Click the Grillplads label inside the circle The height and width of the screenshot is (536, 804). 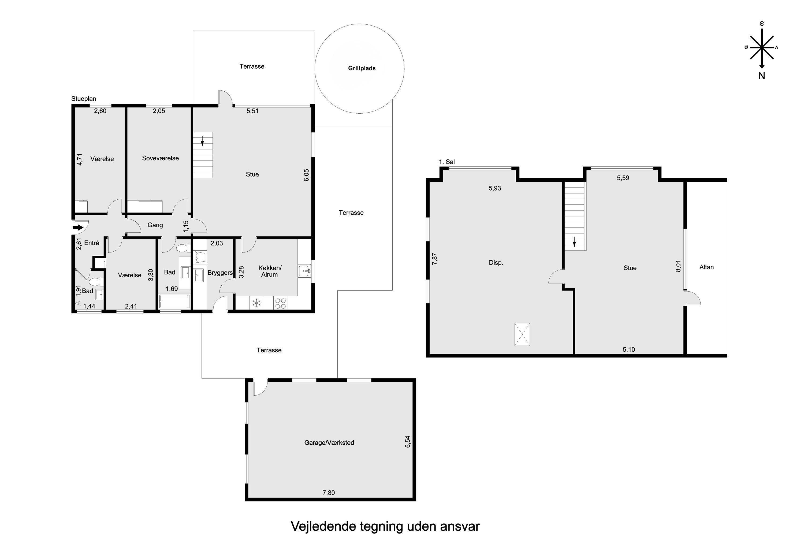tap(362, 68)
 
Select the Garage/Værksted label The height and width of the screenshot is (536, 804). tap(329, 443)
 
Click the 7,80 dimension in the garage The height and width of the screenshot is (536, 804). tap(329, 493)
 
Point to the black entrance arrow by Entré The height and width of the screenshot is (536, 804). tap(78, 227)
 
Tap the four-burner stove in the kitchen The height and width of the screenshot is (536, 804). tap(280, 303)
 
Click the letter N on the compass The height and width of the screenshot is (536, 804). tap(762, 76)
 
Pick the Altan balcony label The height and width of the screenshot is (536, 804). tap(706, 267)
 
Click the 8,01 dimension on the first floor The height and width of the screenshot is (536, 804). tap(679, 266)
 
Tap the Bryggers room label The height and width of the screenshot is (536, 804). tap(220, 273)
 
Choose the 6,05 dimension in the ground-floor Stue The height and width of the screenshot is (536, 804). tap(306, 175)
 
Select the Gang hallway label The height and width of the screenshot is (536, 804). tap(155, 225)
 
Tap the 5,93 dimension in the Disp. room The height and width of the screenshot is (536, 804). tap(495, 188)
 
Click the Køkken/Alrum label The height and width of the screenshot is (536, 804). tap(270, 271)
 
